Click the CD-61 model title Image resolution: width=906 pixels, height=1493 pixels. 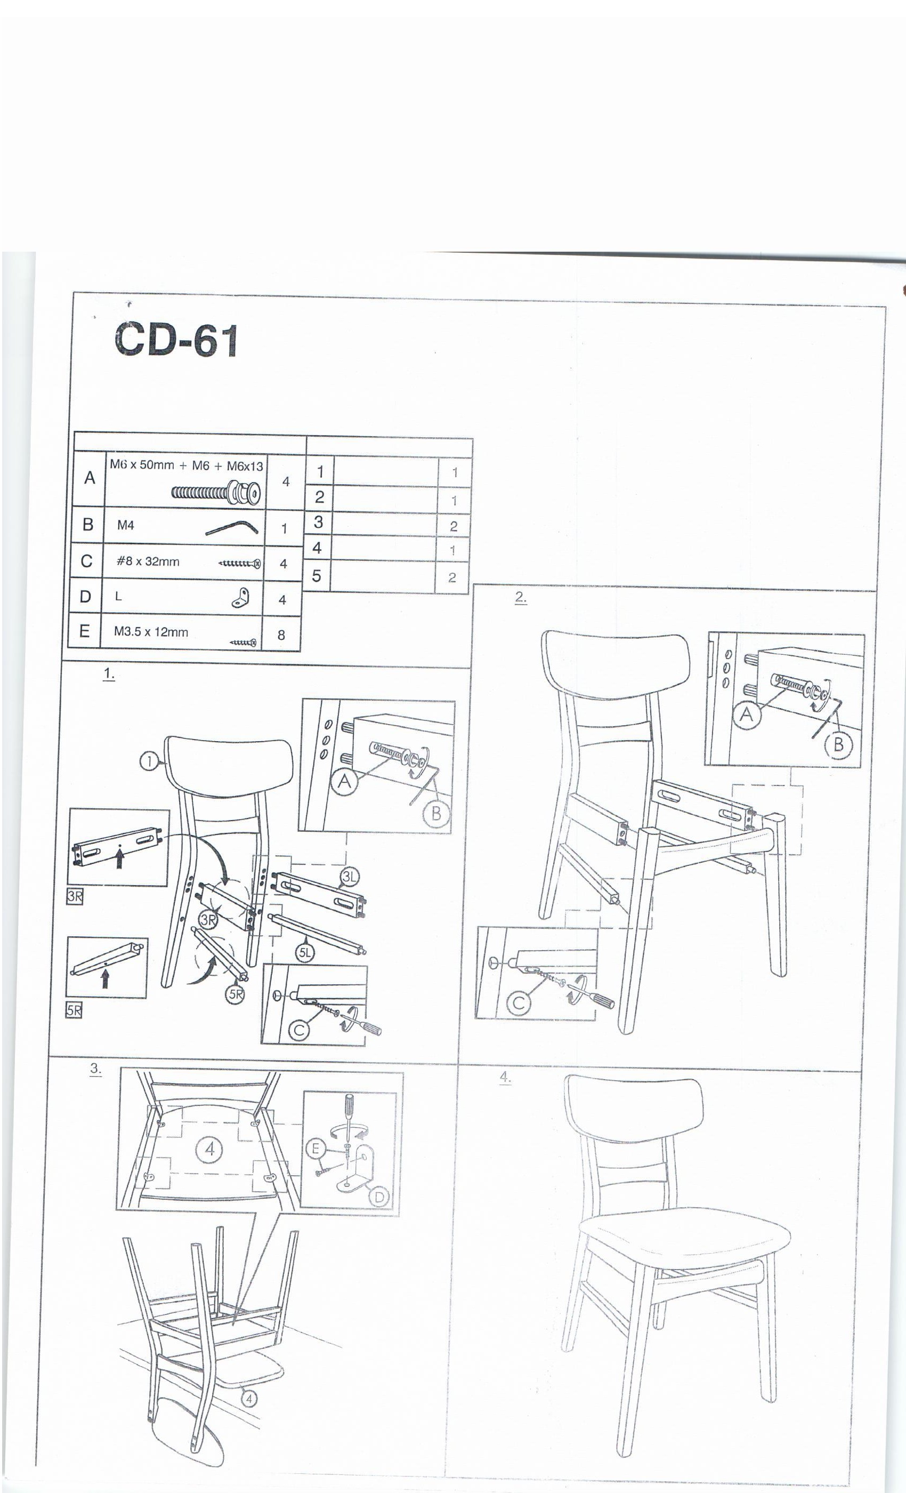coord(176,340)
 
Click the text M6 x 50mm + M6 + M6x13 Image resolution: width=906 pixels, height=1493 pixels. coord(187,465)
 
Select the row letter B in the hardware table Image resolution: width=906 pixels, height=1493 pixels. coord(88,524)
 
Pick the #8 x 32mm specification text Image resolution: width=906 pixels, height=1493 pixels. coord(148,561)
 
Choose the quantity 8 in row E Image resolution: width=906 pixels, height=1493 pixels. coord(281,635)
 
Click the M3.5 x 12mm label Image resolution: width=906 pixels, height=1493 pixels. coord(151,632)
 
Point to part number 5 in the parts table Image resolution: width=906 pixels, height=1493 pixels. coord(316,576)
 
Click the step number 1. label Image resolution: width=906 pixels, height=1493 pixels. coord(109,674)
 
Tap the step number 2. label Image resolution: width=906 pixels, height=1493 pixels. coord(521,597)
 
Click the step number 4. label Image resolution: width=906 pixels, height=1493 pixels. coord(505,1077)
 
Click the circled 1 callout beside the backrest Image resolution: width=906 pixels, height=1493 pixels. coord(149,761)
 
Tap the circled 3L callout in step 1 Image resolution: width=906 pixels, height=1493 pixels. coord(350,876)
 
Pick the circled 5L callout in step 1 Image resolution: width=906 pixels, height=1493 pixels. coord(305,952)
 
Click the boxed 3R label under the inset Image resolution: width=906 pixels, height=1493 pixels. coord(75,897)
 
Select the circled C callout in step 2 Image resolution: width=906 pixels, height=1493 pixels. coord(519,1004)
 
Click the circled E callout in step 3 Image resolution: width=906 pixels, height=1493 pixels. coord(315,1148)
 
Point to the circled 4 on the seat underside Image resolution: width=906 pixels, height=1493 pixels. coord(209,1149)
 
